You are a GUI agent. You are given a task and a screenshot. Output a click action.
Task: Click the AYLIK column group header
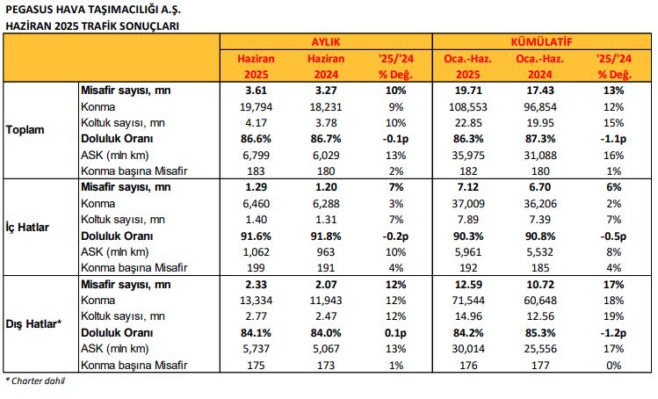point(326,42)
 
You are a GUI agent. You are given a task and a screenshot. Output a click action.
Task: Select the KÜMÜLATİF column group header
point(541,42)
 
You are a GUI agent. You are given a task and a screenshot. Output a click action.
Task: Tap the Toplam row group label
point(25,130)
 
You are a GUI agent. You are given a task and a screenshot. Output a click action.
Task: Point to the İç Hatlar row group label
point(27,228)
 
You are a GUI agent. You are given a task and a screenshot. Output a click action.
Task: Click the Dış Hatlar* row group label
point(33,324)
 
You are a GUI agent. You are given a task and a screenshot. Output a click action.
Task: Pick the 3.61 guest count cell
point(256,91)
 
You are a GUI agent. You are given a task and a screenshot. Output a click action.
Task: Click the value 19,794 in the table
point(256,106)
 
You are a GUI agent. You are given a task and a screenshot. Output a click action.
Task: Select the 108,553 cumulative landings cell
point(468,106)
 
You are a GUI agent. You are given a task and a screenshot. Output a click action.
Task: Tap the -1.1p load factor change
point(613,139)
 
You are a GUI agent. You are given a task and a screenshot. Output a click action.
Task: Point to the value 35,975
point(468,156)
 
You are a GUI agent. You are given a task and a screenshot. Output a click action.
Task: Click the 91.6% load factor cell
point(256,236)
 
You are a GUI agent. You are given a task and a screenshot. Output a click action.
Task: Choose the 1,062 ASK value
point(256,252)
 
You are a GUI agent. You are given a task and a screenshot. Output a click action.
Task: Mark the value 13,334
point(256,301)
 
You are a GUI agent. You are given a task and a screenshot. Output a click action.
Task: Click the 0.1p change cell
point(395,333)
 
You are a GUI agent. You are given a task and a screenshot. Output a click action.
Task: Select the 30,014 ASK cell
point(468,349)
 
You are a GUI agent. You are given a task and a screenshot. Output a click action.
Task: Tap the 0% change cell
point(613,365)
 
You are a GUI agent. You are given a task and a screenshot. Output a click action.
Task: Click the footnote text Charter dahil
point(38,381)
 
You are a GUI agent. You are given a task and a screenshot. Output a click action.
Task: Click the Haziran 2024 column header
point(326,67)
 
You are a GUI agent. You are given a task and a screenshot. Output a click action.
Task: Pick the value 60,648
point(540,301)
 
